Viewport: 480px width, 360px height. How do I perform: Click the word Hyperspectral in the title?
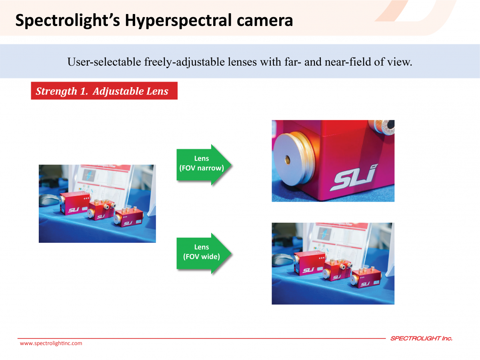pos(179,20)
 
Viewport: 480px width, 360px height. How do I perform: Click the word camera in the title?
pos(265,21)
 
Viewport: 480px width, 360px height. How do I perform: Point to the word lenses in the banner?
pos(242,62)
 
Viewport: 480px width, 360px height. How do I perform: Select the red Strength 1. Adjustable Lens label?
pos(104,91)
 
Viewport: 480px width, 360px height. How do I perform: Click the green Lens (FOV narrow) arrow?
pos(204,164)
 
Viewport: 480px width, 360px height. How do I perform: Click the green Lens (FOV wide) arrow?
pos(204,253)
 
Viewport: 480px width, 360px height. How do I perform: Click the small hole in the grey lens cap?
pos(287,160)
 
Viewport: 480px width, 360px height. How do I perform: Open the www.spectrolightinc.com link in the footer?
pos(51,343)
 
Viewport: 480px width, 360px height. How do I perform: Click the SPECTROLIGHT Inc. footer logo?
pos(421,338)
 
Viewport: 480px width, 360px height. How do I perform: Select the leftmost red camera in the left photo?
pos(74,203)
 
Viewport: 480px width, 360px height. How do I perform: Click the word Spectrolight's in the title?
pos(68,20)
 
